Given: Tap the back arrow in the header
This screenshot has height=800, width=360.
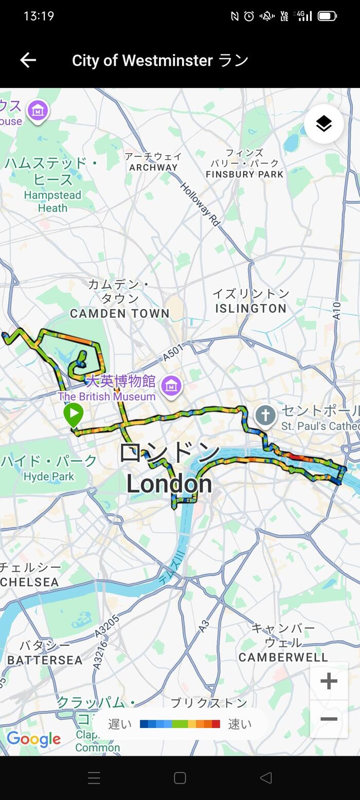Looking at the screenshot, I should click(x=28, y=60).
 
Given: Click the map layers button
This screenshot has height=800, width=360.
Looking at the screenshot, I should click(x=323, y=124).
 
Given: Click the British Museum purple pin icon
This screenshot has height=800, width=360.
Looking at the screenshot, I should click(x=171, y=386).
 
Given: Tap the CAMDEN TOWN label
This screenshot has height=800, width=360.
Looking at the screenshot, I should click(x=119, y=313).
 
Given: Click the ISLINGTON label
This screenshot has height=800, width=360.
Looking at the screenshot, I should click(x=250, y=308).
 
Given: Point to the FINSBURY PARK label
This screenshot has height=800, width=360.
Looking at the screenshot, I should click(x=244, y=174).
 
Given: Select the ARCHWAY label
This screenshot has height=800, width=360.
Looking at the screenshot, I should click(x=153, y=167).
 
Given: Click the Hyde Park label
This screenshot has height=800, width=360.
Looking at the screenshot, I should click(x=49, y=477).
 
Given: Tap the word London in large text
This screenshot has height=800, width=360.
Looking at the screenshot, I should click(x=169, y=484).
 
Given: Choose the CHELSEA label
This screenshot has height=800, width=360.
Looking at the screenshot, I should click(x=29, y=582).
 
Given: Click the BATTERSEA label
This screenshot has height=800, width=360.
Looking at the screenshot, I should click(x=45, y=660).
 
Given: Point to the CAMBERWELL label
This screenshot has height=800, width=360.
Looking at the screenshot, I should click(x=283, y=657).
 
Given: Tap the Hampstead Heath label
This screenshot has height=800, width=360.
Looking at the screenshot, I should click(x=52, y=202).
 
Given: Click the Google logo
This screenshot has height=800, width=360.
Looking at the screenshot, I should click(x=33, y=739).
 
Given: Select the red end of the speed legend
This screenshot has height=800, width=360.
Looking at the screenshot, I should click(x=216, y=724).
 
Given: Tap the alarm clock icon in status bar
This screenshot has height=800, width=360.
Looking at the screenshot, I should click(x=249, y=16).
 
